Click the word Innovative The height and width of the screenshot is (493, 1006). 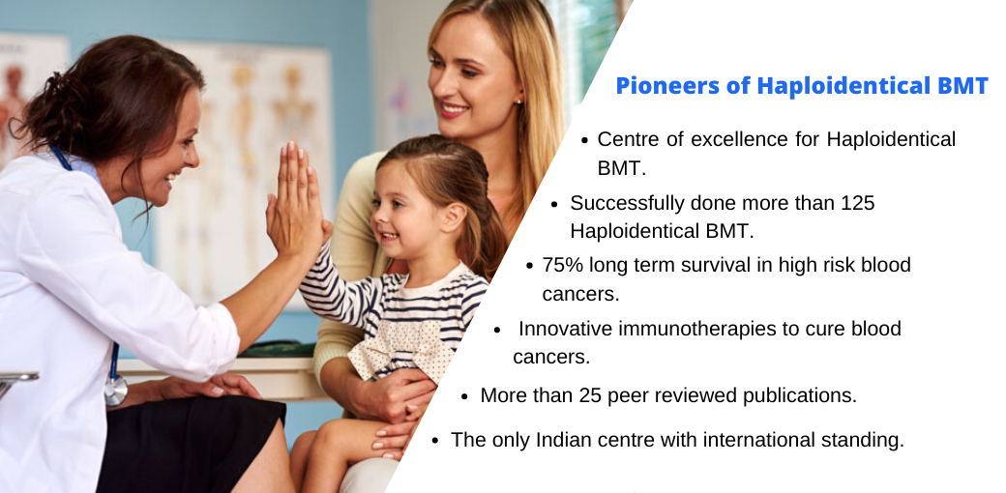[565, 329]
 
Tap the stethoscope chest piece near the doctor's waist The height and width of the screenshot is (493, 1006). [115, 390]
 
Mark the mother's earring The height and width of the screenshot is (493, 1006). [518, 101]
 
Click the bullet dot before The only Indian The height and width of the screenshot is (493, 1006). [436, 441]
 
